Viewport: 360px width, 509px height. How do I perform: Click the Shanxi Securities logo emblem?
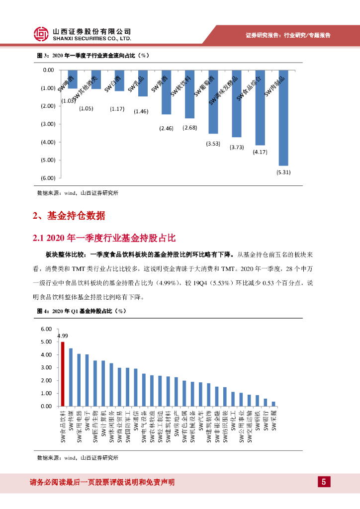(x=41, y=34)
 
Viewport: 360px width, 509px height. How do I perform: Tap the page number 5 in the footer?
(x=324, y=482)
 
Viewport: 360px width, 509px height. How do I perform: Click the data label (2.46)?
(x=167, y=129)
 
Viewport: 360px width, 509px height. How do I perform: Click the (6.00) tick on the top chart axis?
(x=48, y=178)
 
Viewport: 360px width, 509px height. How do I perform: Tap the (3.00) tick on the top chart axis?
(x=48, y=124)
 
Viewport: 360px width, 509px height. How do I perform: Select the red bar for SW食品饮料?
(x=63, y=374)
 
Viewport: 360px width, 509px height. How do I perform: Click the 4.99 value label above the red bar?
(x=63, y=336)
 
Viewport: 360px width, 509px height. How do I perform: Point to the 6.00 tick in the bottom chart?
(x=46, y=329)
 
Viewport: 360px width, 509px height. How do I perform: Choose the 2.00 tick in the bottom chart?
(x=46, y=380)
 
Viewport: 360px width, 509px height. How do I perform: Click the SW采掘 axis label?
(x=274, y=420)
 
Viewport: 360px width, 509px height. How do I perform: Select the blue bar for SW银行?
(x=266, y=402)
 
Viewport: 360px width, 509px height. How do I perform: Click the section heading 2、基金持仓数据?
(x=69, y=216)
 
